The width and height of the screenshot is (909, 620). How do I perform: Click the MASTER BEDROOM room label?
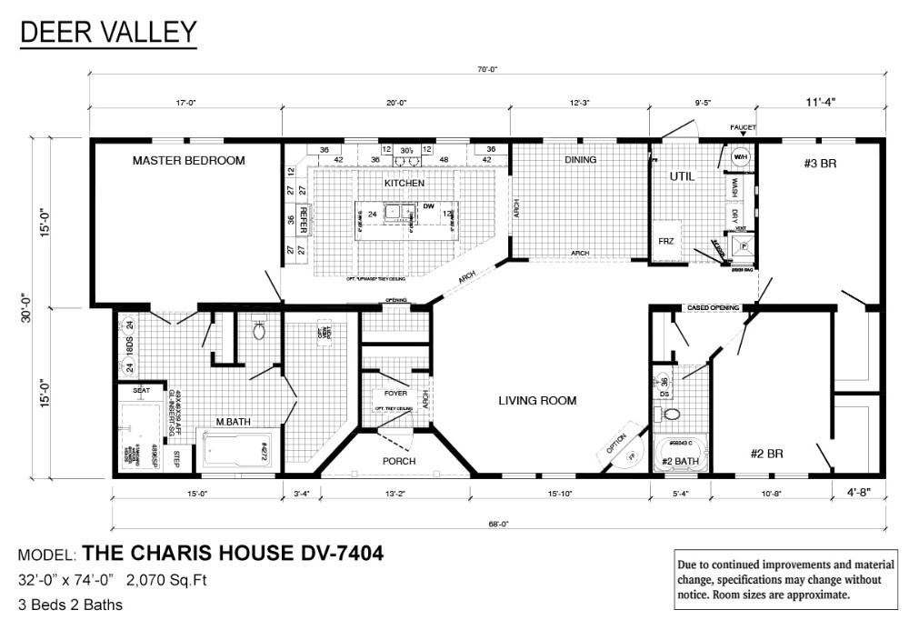(188, 160)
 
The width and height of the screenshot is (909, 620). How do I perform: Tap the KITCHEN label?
(405, 184)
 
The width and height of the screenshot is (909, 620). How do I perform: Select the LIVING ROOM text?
(536, 400)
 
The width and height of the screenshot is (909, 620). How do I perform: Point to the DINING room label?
(580, 160)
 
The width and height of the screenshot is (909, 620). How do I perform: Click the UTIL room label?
(682, 176)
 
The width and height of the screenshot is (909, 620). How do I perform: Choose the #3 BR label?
(820, 165)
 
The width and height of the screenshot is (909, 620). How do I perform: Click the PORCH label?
(398, 461)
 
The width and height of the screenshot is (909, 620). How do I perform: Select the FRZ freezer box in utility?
(666, 241)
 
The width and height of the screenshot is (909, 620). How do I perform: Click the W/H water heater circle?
(740, 155)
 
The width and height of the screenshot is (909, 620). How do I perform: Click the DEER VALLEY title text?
(107, 34)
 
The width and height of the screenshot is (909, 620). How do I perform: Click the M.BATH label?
(232, 421)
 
